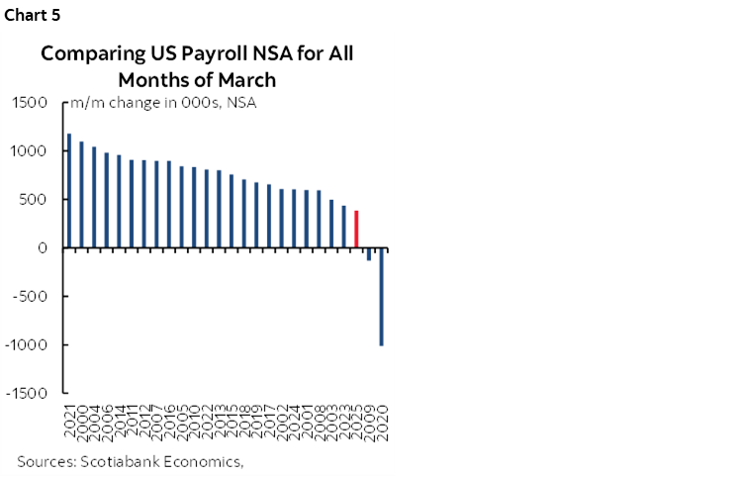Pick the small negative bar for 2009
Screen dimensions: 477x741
click(x=369, y=254)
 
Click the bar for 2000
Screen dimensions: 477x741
click(x=82, y=195)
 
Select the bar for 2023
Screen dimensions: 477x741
click(x=343, y=227)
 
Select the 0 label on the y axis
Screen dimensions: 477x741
click(x=44, y=248)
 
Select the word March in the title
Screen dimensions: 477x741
click(x=240, y=79)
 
